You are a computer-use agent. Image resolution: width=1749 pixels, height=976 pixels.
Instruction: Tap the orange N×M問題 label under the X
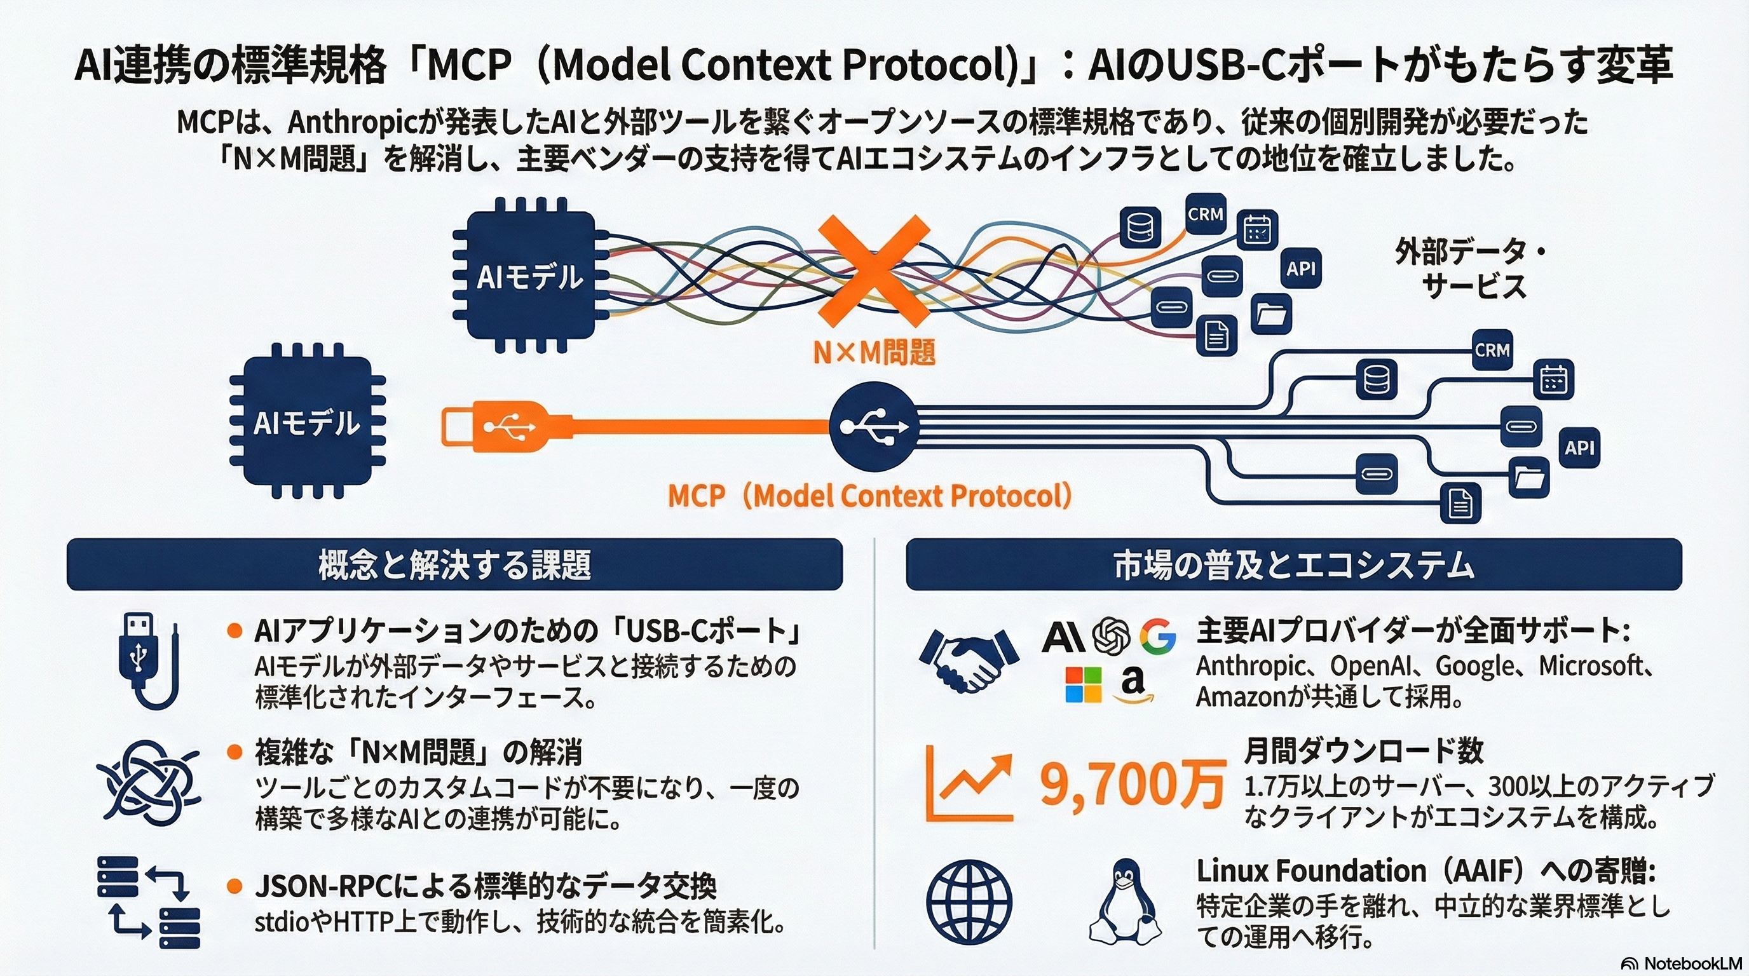click(874, 352)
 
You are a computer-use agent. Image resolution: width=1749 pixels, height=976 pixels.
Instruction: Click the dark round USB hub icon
click(874, 427)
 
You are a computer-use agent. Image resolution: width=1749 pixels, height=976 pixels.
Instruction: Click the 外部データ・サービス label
click(1472, 269)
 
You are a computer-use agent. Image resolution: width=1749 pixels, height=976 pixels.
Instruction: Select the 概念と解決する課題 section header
click(454, 565)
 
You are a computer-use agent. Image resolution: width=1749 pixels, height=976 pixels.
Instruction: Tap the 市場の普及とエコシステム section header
click(1293, 565)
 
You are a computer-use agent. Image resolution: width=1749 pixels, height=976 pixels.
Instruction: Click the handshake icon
click(969, 659)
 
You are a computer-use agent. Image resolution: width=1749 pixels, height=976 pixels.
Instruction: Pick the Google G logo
click(1157, 636)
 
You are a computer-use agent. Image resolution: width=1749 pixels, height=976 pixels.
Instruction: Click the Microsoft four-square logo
click(1084, 684)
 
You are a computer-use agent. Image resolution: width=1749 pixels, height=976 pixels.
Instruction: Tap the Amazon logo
click(1133, 684)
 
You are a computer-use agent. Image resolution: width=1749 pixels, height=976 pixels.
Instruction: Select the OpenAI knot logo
click(1111, 636)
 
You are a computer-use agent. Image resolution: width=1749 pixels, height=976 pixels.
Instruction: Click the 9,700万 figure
click(1132, 785)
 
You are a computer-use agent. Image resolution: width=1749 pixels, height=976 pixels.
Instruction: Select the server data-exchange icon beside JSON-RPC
click(149, 902)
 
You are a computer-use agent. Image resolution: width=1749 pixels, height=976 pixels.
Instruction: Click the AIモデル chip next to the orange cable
click(307, 422)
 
